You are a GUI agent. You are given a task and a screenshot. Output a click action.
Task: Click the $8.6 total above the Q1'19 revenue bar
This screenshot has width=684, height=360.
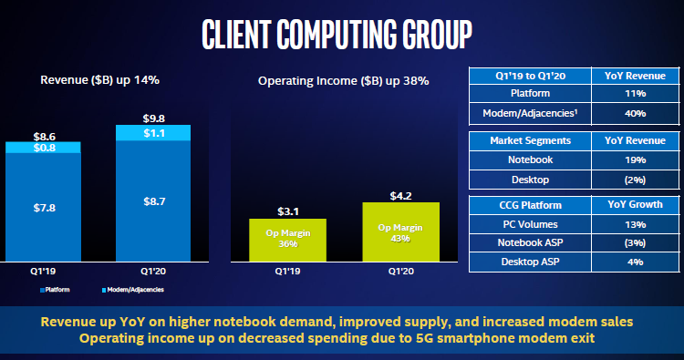43,133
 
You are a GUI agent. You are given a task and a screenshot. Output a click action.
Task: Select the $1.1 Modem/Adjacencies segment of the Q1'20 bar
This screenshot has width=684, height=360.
152,133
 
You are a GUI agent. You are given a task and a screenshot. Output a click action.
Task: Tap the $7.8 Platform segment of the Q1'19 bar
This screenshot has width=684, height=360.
43,207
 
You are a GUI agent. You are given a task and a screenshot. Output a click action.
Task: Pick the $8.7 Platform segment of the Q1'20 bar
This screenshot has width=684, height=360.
152,200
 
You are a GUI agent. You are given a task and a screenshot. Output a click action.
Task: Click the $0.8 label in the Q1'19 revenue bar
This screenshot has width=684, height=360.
43,147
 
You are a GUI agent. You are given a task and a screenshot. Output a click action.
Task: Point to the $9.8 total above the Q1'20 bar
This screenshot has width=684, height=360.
152,118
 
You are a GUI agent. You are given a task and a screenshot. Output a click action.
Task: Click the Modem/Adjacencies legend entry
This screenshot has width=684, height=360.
134,289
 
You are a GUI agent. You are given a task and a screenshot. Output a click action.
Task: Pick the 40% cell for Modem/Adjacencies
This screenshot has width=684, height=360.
636,113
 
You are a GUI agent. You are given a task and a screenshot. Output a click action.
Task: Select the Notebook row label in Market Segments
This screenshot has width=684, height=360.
529,159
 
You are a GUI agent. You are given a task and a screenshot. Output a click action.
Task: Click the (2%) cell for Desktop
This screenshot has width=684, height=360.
636,179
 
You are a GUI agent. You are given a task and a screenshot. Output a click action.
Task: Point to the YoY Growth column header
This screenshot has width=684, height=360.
636,204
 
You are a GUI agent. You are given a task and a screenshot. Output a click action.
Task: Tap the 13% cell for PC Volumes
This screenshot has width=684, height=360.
636,224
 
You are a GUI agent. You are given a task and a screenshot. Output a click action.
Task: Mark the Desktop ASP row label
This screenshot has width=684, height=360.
529,262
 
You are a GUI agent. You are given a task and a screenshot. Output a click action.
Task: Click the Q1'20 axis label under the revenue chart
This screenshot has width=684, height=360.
152,271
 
